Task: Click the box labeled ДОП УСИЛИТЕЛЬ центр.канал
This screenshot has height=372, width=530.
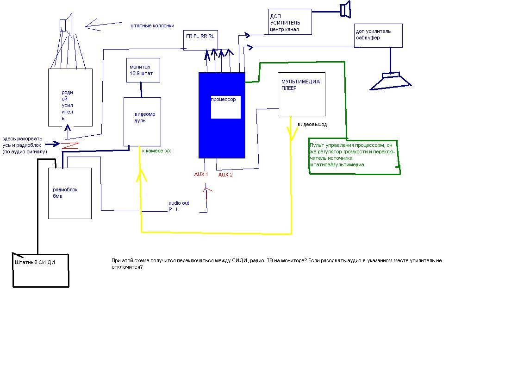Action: click(290, 21)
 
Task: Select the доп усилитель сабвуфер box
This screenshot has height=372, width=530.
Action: click(378, 35)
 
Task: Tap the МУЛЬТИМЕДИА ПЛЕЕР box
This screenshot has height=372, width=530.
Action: click(301, 94)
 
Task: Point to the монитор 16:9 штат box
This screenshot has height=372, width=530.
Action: click(143, 70)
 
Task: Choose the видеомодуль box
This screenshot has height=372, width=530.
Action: click(142, 121)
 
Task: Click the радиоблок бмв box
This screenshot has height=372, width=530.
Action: click(70, 193)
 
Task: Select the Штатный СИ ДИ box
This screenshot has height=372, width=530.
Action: click(41, 270)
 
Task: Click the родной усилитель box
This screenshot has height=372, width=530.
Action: click(70, 97)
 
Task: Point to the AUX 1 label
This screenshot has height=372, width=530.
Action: click(201, 174)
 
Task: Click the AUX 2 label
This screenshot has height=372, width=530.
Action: click(225, 175)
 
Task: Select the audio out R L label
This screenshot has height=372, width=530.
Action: click(178, 206)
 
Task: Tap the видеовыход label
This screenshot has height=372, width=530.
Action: click(312, 125)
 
